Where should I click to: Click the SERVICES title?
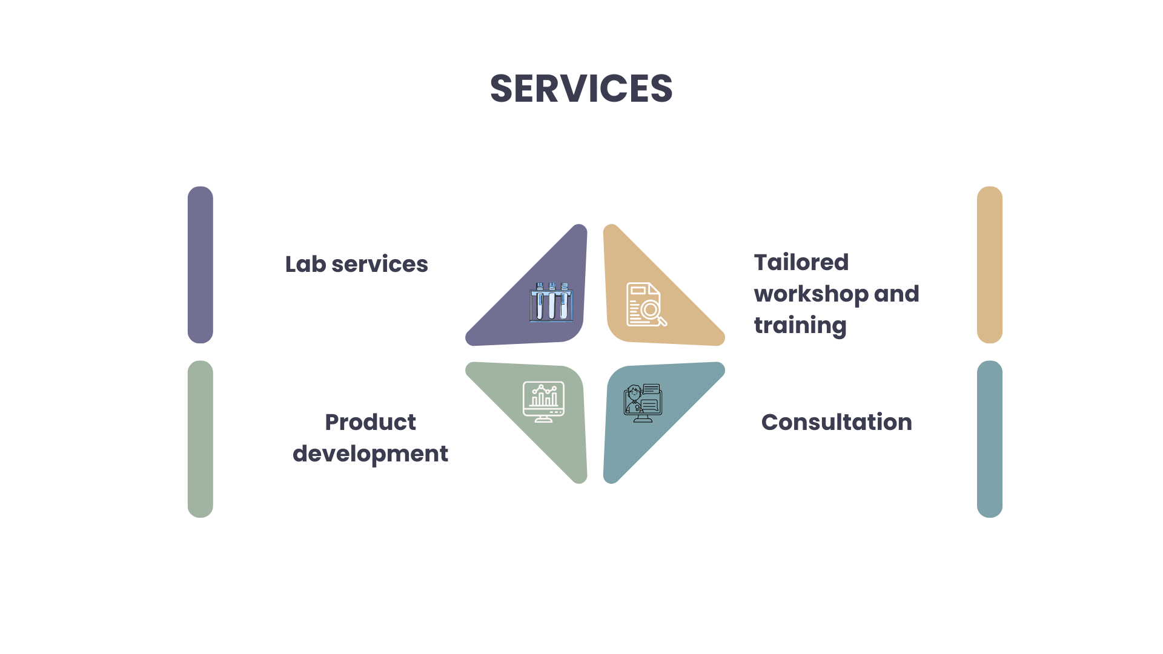point(581,88)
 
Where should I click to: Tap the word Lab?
point(306,264)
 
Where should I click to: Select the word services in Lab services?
point(380,265)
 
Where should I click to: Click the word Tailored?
point(801,262)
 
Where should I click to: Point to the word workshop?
point(811,294)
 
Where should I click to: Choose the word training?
point(800,326)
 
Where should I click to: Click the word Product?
point(370,422)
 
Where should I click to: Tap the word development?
point(370,454)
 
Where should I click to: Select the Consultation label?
point(837,422)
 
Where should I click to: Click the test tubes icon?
point(551,302)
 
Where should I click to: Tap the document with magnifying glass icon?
point(646,305)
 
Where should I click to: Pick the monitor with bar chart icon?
point(543,401)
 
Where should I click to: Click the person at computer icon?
point(643,403)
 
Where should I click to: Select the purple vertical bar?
point(200,265)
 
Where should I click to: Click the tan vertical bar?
point(990,265)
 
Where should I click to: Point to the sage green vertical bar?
point(200,439)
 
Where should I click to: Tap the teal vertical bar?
point(990,439)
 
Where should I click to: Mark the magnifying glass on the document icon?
point(653,312)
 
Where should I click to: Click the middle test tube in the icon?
point(552,302)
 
